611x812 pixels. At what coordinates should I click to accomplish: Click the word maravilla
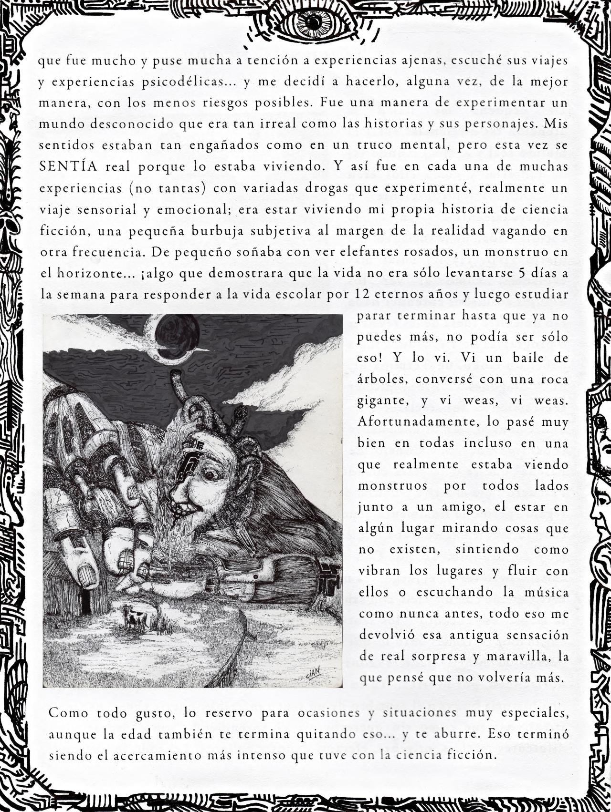coord(519,657)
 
